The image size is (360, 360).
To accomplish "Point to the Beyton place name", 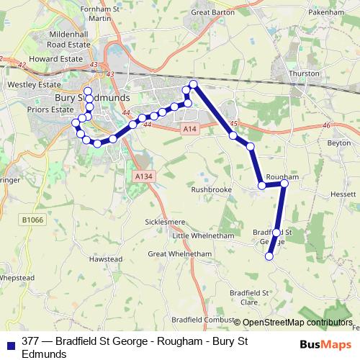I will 338,143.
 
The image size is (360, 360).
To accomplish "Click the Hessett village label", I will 343,194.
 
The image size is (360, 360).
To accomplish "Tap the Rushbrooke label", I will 211,190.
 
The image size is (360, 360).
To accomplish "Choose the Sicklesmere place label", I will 166,222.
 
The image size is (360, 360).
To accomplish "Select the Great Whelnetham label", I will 180,254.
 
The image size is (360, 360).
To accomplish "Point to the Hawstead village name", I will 106,258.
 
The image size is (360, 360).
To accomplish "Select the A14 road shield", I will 189,128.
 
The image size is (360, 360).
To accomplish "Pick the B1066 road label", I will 32,220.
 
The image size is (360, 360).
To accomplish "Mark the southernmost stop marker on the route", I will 269,256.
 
